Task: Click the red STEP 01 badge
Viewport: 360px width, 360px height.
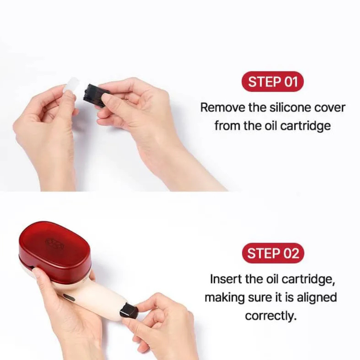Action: pos(273,82)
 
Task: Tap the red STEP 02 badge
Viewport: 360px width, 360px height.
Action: pos(273,253)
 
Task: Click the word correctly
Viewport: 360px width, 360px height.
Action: pos(271,316)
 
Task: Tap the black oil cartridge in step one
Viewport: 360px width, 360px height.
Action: pos(96,94)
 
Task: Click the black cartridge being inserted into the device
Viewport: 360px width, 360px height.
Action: pos(129,311)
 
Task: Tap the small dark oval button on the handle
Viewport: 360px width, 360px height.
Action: pos(70,298)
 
